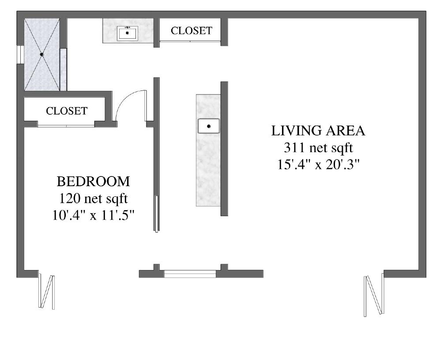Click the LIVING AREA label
pyautogui.click(x=318, y=131)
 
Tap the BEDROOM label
pyautogui.click(x=94, y=181)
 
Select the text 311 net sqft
pyautogui.click(x=318, y=148)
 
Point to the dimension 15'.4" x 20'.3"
pyautogui.click(x=318, y=165)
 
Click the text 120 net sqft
pyautogui.click(x=94, y=199)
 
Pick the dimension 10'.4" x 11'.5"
pyautogui.click(x=94, y=215)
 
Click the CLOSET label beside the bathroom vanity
pyautogui.click(x=192, y=30)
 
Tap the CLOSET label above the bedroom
pyautogui.click(x=67, y=111)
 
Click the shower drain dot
pyautogui.click(x=42, y=54)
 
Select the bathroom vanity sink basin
pyautogui.click(x=128, y=34)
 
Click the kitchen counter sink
pyautogui.click(x=208, y=126)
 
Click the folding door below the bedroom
pyautogui.click(x=46, y=291)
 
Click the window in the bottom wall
pyautogui.click(x=190, y=274)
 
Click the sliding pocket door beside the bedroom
pyautogui.click(x=157, y=214)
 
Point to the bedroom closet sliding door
pyautogui.click(x=66, y=126)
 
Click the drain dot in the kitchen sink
pyautogui.click(x=208, y=126)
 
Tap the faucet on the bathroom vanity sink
pyautogui.click(x=128, y=27)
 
